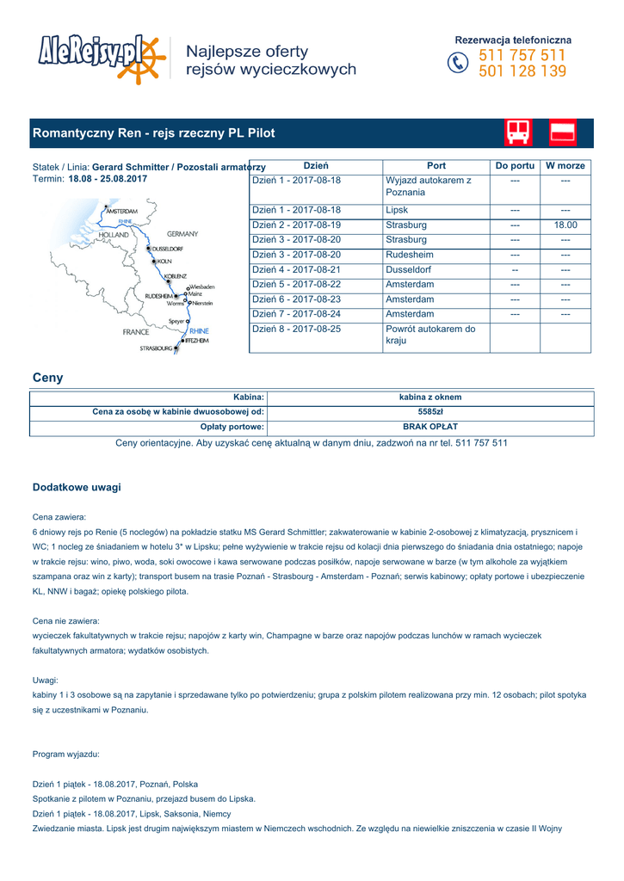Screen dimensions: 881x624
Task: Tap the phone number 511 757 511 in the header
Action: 522,56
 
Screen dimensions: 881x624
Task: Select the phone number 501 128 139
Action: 522,71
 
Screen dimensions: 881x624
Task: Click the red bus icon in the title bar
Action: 518,132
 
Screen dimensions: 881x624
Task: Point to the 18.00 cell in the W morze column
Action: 565,225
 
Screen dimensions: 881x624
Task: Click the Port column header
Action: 436,165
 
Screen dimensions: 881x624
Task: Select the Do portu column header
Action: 515,165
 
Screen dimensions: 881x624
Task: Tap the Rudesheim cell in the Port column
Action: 410,256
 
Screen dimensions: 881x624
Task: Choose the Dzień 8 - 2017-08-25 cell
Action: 296,330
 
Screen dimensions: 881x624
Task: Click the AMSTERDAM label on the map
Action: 121,211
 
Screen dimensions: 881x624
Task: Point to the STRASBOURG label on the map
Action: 156,348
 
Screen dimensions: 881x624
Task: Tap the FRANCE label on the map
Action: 136,331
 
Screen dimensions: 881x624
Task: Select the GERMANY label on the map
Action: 182,234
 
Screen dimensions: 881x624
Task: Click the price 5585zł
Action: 430,412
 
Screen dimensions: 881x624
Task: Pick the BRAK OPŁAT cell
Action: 430,427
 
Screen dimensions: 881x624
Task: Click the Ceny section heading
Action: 47,378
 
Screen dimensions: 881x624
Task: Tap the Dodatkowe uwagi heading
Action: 77,487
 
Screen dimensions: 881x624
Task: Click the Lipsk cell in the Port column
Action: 397,210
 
